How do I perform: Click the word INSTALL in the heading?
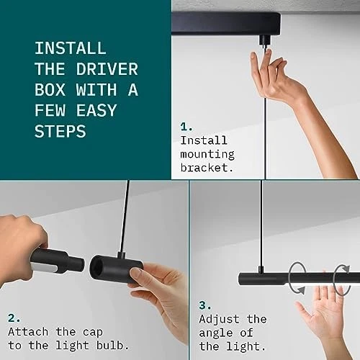pos(71,48)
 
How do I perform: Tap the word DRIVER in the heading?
pos(107,69)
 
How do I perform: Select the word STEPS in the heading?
pos(60,131)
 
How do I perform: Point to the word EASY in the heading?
pos(96,110)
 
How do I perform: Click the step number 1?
pos(186,127)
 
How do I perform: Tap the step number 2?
pos(14,318)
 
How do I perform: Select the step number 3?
pos(205,305)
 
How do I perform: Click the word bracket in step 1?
pos(207,168)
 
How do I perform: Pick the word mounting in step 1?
pos(207,154)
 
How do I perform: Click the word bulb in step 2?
pos(113,346)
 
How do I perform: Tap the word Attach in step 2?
pos(28,332)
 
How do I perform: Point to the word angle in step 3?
pos(216,333)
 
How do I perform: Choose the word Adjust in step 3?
pos(219,319)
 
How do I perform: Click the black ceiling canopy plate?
pos(226,23)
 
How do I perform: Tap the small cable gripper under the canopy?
pos(265,41)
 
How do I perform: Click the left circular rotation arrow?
pos(297,278)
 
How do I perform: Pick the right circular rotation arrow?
pos(342,279)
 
